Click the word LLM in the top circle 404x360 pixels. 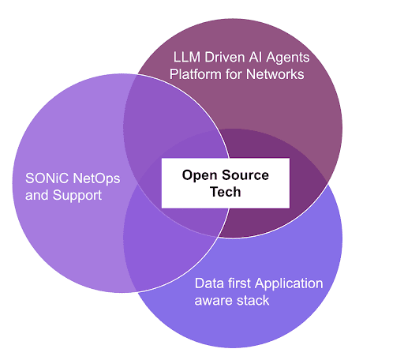pyautogui.click(x=186, y=57)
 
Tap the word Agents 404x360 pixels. pyautogui.click(x=288, y=58)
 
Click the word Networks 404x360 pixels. pyautogui.click(x=275, y=74)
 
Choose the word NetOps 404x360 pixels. pyautogui.click(x=96, y=179)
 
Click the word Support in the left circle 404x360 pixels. pyautogui.click(x=77, y=196)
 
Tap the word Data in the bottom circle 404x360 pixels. pyautogui.click(x=209, y=283)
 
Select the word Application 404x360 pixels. pyautogui.click(x=289, y=284)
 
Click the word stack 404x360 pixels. pyautogui.click(x=252, y=300)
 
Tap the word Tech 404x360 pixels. pyautogui.click(x=226, y=192)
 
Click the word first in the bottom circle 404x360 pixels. pyautogui.click(x=239, y=283)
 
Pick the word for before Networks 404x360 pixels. pyautogui.click(x=234, y=74)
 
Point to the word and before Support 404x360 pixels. pyautogui.click(x=37, y=195)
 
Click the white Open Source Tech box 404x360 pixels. pyautogui.click(x=226, y=183)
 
